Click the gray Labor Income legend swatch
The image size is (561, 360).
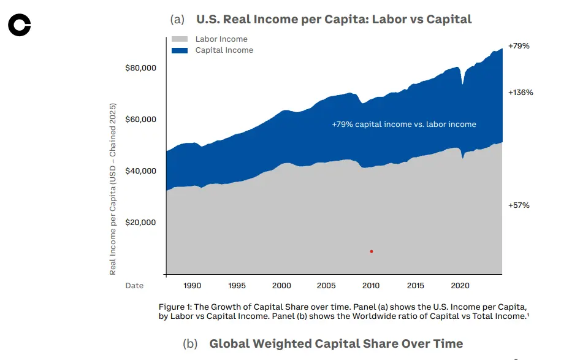pos(180,39)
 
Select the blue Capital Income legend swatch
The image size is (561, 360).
pos(180,50)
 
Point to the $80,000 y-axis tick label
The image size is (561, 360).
pos(140,67)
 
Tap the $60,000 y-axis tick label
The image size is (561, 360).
pos(140,119)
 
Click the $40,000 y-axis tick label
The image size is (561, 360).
pos(140,170)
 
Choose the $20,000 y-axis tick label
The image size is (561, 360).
pos(140,222)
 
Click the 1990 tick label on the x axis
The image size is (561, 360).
pos(193,286)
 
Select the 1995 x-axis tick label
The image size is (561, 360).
pos(237,286)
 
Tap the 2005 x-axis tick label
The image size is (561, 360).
pos(326,286)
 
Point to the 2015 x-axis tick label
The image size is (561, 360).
pos(415,286)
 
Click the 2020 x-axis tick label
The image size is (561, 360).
pos(460,286)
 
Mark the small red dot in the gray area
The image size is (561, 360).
pos(372,251)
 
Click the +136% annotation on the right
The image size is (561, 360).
pos(521,93)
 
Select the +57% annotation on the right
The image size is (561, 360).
pos(519,205)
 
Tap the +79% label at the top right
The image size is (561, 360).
pos(519,46)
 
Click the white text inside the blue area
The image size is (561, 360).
pos(404,124)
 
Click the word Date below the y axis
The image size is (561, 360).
pos(134,286)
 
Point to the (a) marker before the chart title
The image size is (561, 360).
pos(177,20)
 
